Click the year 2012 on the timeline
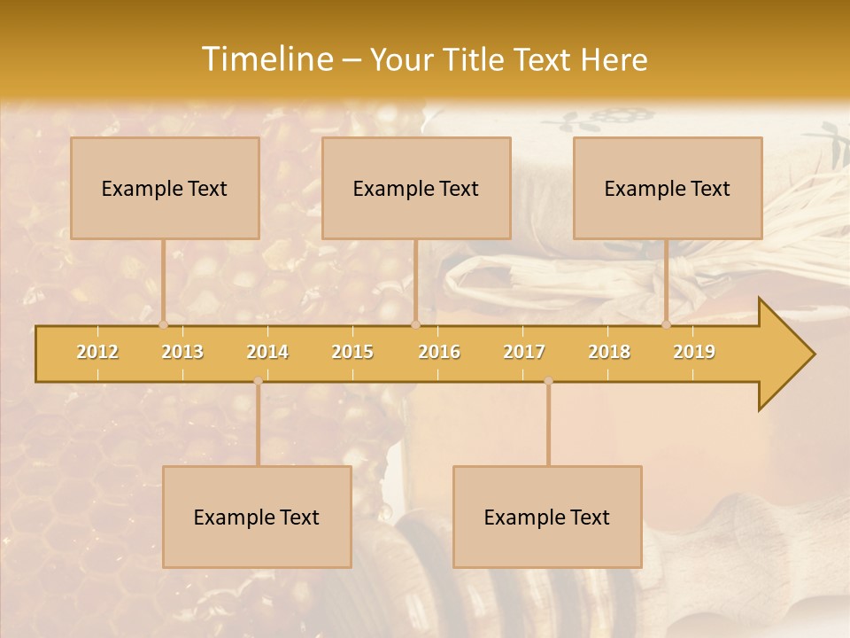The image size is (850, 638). (x=97, y=352)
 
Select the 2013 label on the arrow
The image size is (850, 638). (x=182, y=352)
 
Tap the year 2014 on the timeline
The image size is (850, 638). (x=267, y=352)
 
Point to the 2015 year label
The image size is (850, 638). (x=352, y=352)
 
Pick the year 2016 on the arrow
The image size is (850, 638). (x=439, y=352)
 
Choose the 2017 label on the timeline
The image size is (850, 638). (x=524, y=352)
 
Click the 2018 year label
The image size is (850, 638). (x=609, y=352)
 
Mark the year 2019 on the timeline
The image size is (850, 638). (x=694, y=352)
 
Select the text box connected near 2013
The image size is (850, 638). (x=165, y=188)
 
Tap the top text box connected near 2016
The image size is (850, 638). (x=416, y=188)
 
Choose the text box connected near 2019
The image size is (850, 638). (x=668, y=188)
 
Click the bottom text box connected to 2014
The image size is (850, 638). (x=257, y=517)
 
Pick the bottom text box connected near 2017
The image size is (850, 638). (x=547, y=517)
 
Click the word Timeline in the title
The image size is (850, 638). (x=267, y=59)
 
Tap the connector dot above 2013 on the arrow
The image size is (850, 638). (x=164, y=324)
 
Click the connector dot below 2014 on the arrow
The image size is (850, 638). (x=258, y=381)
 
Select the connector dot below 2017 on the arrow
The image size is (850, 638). (x=548, y=381)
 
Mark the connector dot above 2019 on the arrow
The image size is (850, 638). (x=667, y=324)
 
